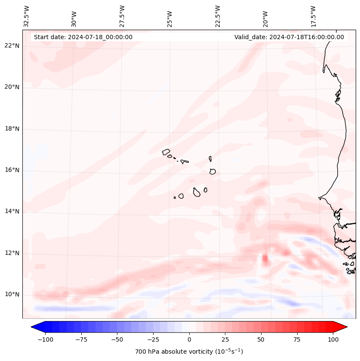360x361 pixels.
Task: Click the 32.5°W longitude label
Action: (x=27, y=16)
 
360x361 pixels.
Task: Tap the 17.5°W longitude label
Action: (x=313, y=16)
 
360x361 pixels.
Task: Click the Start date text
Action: (x=83, y=37)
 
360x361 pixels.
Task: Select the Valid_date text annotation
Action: (x=289, y=37)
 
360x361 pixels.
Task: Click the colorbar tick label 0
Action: (x=189, y=339)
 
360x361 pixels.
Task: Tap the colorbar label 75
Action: (x=297, y=339)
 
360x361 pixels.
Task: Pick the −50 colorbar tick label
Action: (x=117, y=339)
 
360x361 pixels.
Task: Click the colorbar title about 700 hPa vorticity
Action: (x=189, y=352)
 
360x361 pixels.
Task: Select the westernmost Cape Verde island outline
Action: (x=166, y=151)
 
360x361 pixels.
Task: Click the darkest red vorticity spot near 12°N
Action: (x=265, y=259)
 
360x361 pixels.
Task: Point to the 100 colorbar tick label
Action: (x=332, y=339)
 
